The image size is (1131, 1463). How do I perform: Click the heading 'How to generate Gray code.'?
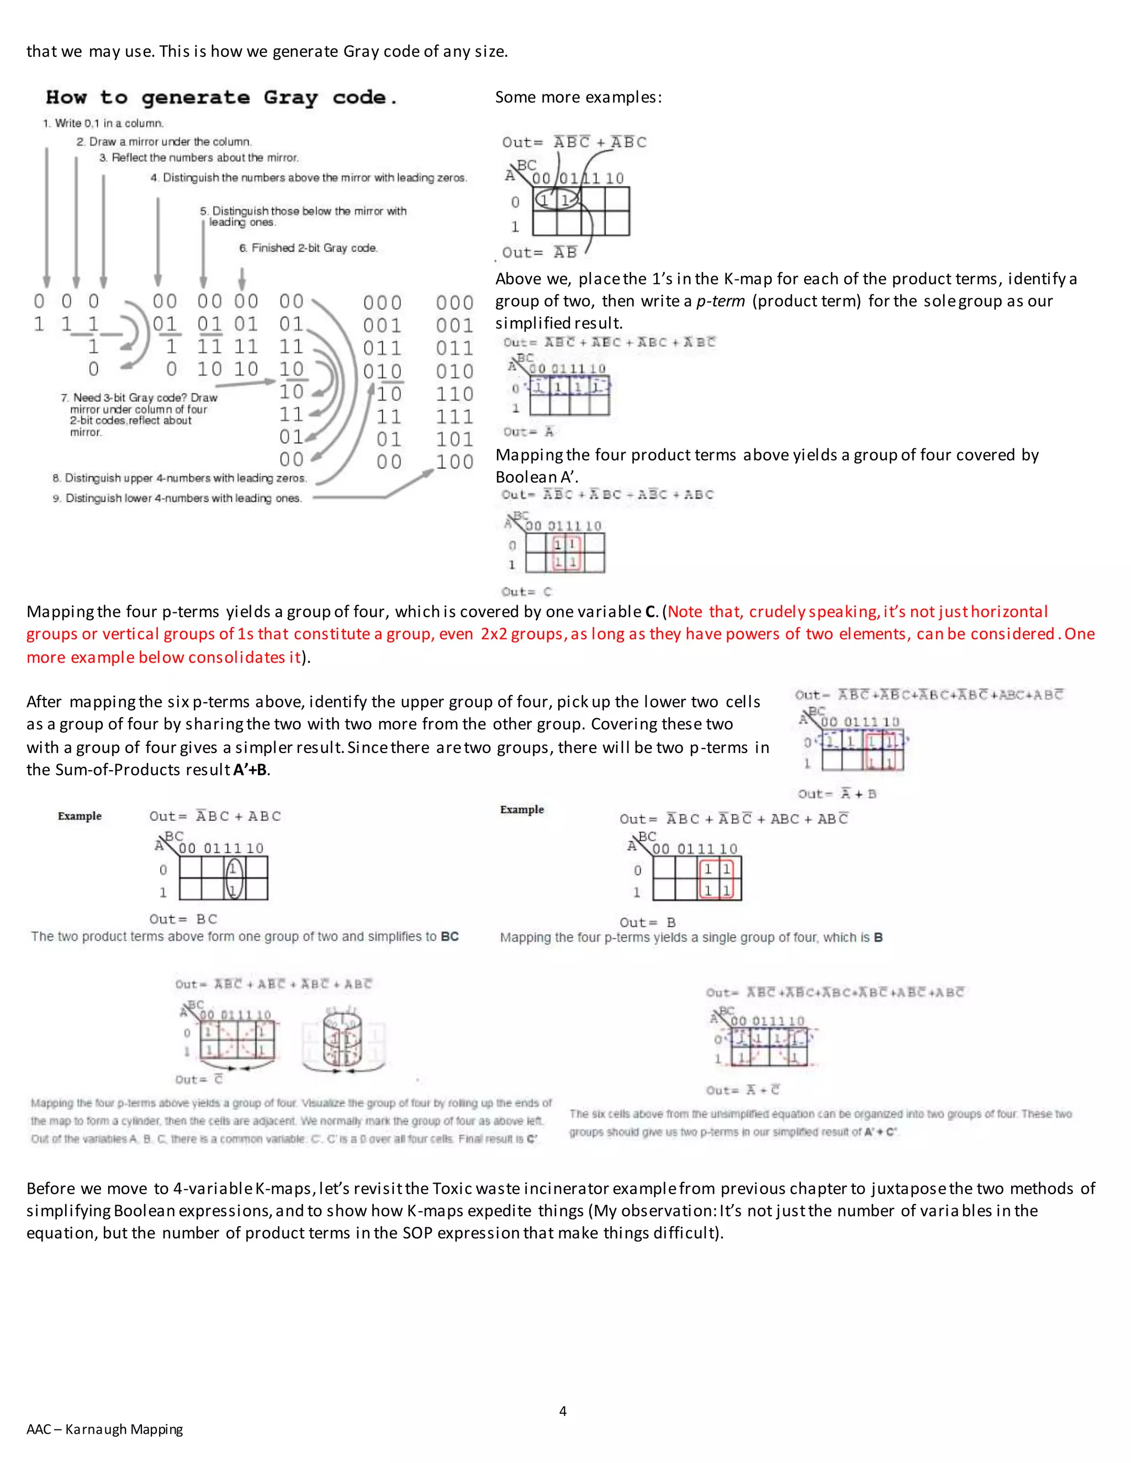click(221, 98)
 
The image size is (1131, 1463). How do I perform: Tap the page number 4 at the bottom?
click(563, 1411)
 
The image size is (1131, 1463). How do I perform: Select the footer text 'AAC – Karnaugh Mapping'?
click(104, 1429)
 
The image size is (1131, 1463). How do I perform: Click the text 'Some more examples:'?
click(578, 97)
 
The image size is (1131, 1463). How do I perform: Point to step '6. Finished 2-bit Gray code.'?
click(308, 248)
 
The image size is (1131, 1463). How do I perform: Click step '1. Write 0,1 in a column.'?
click(103, 123)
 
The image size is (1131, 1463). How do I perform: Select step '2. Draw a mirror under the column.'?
click(164, 142)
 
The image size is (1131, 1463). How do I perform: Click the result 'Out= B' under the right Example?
click(647, 923)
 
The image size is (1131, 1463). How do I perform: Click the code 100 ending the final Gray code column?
click(454, 462)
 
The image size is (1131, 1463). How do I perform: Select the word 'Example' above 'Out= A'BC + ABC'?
click(80, 816)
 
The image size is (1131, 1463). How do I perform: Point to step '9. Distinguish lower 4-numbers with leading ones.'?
click(178, 499)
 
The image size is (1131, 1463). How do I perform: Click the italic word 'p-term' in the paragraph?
click(720, 301)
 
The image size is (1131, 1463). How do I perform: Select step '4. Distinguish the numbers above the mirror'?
click(308, 178)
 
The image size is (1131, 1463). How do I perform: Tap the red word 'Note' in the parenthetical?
click(685, 612)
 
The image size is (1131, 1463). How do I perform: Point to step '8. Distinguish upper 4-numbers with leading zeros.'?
click(179, 478)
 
